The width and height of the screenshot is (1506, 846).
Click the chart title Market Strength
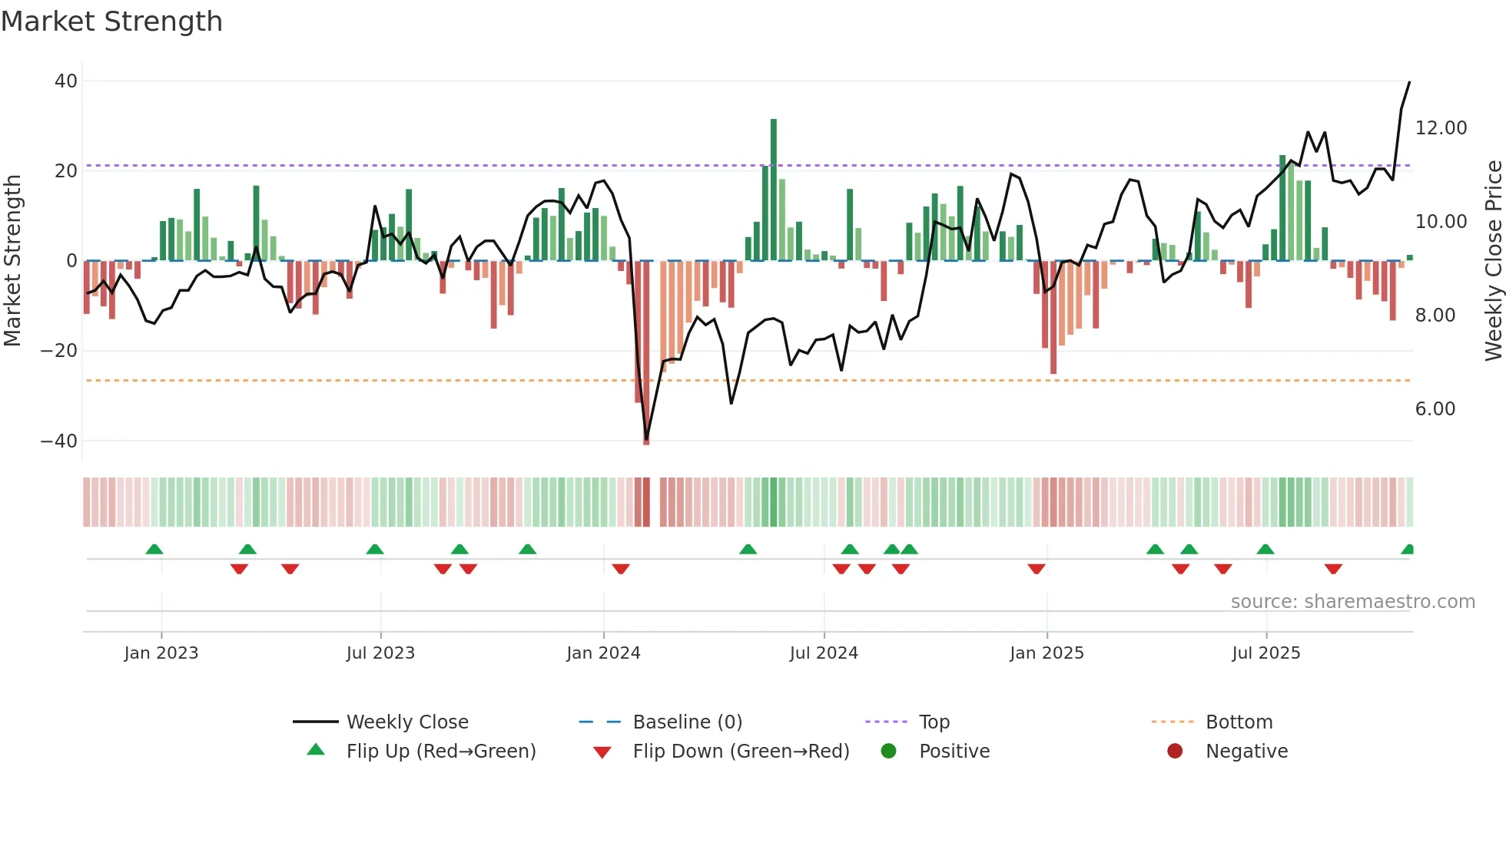point(111,21)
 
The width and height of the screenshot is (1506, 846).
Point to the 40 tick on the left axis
point(66,81)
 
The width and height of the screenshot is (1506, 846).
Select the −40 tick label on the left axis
point(59,441)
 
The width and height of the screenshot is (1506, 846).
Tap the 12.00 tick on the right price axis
point(1441,127)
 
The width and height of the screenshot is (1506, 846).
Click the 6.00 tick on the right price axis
point(1435,408)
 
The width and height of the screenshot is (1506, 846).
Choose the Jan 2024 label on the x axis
point(603,653)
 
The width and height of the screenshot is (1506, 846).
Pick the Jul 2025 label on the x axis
point(1266,653)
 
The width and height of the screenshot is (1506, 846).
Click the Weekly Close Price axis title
point(1493,260)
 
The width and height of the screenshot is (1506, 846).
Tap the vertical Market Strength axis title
point(12,260)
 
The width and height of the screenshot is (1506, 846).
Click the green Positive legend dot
point(888,751)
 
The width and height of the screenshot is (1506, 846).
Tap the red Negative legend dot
point(1174,751)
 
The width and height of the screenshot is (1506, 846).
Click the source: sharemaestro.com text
point(1352,601)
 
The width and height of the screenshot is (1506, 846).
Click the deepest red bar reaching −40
point(646,353)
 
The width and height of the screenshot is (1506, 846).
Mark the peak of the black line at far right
point(1409,82)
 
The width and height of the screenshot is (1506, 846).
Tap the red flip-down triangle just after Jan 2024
point(621,569)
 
